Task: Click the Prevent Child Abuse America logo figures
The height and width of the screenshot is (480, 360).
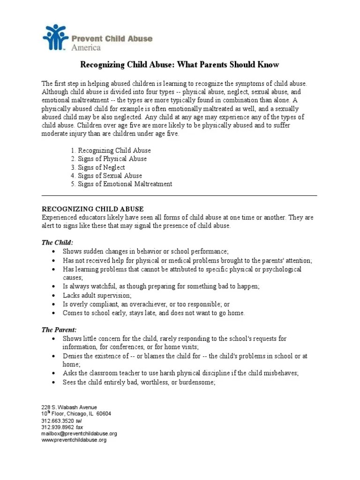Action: [55, 37]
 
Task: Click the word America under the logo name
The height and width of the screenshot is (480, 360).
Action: [86, 47]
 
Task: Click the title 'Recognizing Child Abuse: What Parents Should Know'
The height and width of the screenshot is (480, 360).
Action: [180, 65]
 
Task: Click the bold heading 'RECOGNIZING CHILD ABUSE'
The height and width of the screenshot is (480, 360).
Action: [93, 209]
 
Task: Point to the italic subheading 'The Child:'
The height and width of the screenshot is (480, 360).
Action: [58, 242]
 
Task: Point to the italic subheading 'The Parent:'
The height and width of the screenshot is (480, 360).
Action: [60, 330]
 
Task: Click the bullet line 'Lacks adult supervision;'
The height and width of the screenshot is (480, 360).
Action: [97, 296]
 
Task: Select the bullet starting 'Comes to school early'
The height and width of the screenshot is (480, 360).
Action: [154, 313]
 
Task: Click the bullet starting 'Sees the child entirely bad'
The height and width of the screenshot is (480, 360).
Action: [139, 382]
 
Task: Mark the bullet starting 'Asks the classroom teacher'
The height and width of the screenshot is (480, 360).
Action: [180, 374]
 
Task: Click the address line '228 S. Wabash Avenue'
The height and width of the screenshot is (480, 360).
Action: [69, 407]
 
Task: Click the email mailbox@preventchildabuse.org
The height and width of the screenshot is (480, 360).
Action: [79, 434]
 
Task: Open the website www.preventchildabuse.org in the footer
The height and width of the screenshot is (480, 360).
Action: [74, 440]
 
